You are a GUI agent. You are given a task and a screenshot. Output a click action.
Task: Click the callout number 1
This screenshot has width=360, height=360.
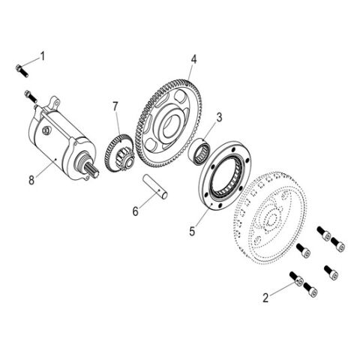point(43,56)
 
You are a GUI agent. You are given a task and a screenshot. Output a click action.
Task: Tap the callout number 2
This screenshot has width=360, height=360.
point(265,298)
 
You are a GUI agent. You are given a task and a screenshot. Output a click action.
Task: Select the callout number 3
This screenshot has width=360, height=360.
point(219,117)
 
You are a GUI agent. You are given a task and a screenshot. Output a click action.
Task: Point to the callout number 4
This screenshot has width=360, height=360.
point(193,59)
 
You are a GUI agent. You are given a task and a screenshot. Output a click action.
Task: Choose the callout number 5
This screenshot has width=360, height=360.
point(192,231)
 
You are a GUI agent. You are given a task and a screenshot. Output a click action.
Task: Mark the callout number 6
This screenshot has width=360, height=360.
point(135,211)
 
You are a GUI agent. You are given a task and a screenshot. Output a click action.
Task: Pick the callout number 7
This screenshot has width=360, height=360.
point(115,106)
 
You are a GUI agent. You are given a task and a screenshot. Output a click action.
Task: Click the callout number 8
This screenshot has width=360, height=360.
point(31,180)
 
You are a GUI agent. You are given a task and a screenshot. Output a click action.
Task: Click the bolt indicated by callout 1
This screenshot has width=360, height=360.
point(22,70)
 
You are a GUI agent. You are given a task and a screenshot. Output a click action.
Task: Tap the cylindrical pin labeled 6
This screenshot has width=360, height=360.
point(155,187)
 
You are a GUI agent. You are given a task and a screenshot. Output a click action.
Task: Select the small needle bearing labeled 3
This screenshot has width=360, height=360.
point(199,152)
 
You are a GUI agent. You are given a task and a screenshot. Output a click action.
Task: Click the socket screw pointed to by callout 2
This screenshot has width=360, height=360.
point(296,279)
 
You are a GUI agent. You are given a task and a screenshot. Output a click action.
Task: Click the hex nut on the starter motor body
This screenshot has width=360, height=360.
point(46,130)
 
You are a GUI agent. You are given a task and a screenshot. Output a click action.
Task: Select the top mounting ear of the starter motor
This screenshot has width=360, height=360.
point(55,102)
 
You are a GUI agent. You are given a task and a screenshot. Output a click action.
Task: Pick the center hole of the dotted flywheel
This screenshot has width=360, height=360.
point(271,220)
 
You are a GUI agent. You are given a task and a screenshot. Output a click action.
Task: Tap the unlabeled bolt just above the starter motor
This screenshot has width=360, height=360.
point(31,97)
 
